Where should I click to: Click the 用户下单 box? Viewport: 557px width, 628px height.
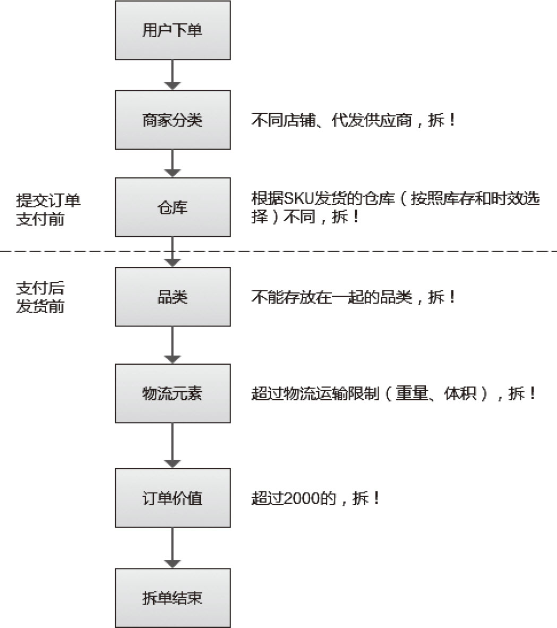[173, 30]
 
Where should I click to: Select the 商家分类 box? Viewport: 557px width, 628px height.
[173, 120]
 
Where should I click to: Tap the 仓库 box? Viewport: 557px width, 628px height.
[173, 207]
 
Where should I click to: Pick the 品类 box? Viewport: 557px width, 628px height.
[173, 297]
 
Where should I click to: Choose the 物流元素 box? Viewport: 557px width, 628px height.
[173, 393]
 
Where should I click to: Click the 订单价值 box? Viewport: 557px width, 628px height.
[173, 498]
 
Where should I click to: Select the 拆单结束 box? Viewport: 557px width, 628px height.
[173, 598]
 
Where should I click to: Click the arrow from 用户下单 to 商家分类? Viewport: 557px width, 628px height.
[173, 75]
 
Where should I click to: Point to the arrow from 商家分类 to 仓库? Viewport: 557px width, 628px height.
[173, 164]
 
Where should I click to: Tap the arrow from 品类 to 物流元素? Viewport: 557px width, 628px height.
[173, 345]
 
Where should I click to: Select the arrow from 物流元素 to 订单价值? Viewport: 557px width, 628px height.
[173, 446]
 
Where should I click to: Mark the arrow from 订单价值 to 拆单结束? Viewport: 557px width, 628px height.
[173, 548]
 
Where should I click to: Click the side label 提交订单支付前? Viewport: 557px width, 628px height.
[48, 210]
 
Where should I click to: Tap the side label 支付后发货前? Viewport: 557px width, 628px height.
[40, 297]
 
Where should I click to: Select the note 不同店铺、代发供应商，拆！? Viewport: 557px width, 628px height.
[354, 120]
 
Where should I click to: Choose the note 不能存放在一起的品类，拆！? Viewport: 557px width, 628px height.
[354, 297]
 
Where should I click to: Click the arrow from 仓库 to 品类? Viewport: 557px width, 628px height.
[173, 252]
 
